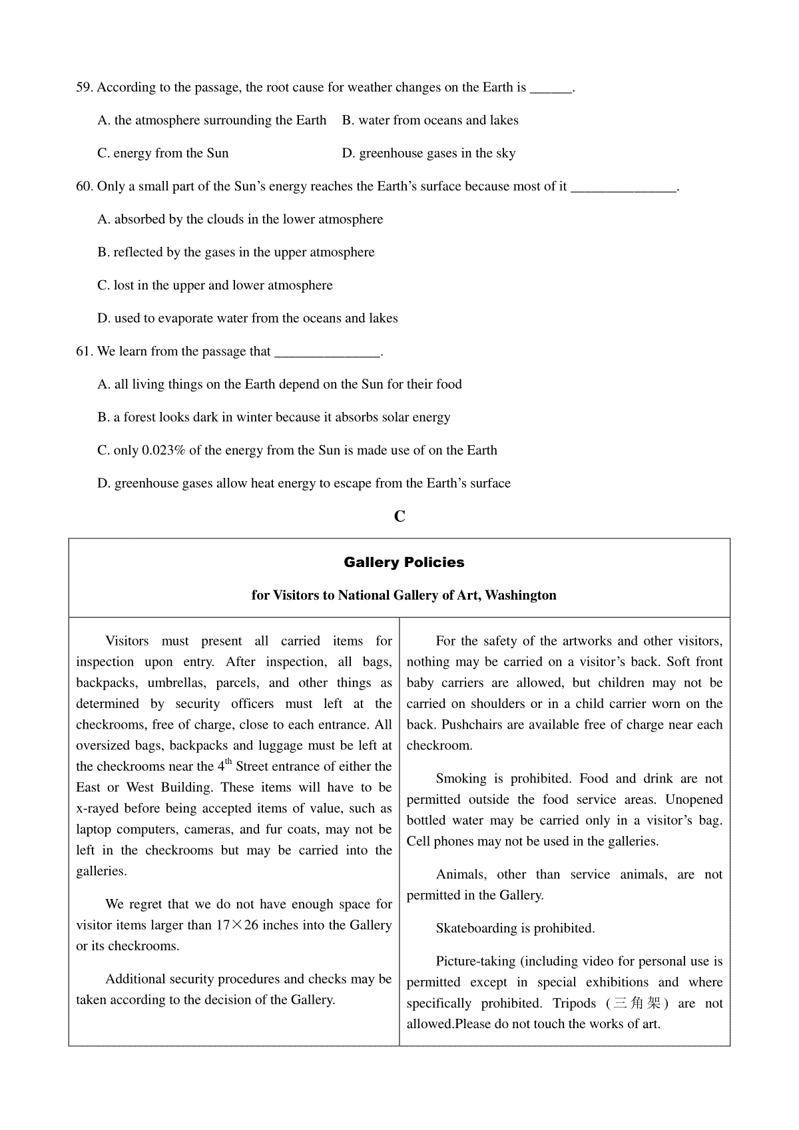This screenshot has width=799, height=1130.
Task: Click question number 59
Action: [x=85, y=87]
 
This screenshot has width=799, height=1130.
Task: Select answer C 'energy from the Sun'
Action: [x=163, y=154]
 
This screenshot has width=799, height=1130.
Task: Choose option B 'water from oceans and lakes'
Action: [x=430, y=120]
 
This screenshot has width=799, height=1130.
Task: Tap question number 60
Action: [x=85, y=186]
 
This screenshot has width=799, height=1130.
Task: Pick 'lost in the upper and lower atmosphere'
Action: [x=214, y=285]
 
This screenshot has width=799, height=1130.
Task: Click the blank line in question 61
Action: [x=327, y=353]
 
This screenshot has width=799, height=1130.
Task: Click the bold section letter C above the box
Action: [x=400, y=516]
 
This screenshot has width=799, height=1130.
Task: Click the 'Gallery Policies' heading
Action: [x=404, y=562]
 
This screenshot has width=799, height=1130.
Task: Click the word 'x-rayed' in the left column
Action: [x=97, y=809]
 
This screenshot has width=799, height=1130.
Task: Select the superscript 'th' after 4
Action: [x=228, y=762]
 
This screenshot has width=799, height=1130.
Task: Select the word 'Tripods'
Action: [x=574, y=1004]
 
